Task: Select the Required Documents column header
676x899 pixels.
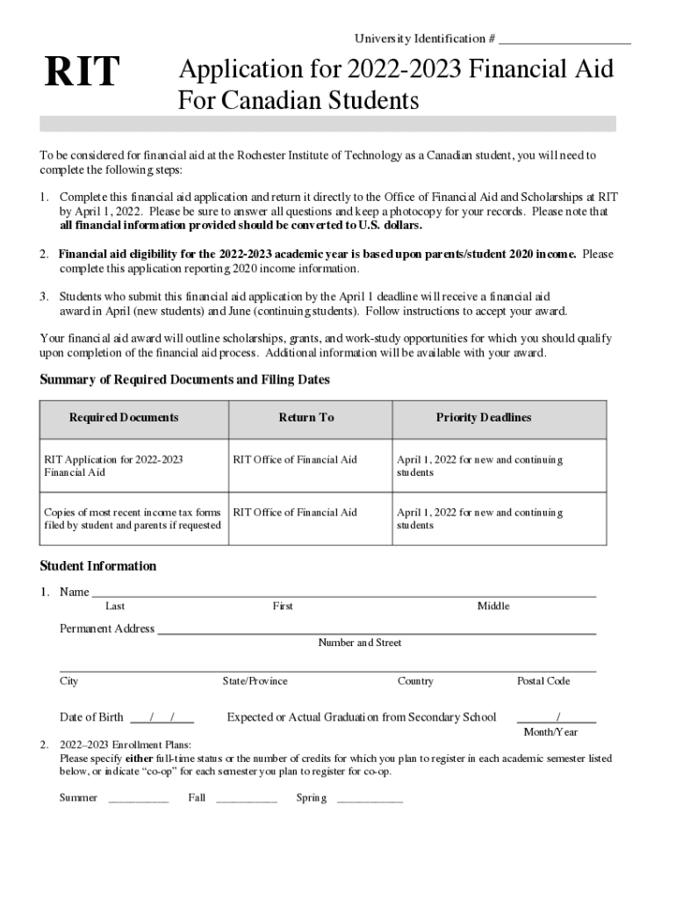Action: [x=124, y=418]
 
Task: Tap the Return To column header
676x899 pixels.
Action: [x=306, y=418]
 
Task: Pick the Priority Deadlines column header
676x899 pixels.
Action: [x=484, y=418]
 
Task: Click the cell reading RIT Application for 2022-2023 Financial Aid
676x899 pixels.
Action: [x=113, y=466]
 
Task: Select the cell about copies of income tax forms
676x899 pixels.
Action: [x=133, y=519]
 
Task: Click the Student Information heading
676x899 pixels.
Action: [x=98, y=566]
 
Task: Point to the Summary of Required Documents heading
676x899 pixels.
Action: [x=184, y=380]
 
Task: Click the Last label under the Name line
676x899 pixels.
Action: [x=115, y=607]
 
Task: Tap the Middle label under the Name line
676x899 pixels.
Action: [x=493, y=607]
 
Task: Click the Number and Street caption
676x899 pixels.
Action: [x=359, y=644]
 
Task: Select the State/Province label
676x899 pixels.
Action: [x=255, y=681]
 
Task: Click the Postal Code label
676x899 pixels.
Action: [x=543, y=681]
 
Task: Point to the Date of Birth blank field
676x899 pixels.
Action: [x=162, y=718]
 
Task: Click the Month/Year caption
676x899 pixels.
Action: [x=550, y=732]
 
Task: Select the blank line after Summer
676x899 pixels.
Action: [x=139, y=800]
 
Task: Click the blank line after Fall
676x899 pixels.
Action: [x=246, y=800]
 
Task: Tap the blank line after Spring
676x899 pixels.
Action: [x=370, y=800]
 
